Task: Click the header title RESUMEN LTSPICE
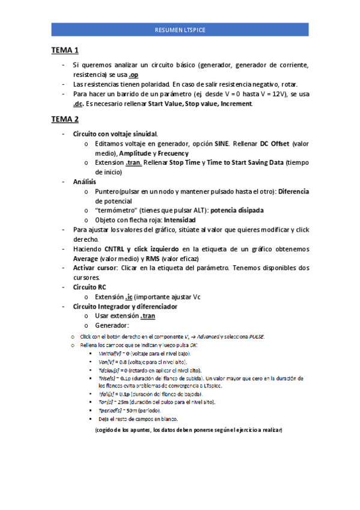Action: click(x=180, y=29)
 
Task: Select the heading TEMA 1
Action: click(x=66, y=51)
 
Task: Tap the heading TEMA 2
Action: click(x=66, y=119)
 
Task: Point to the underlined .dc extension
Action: click(x=78, y=104)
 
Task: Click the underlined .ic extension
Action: click(x=130, y=296)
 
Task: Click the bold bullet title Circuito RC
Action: click(x=90, y=287)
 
